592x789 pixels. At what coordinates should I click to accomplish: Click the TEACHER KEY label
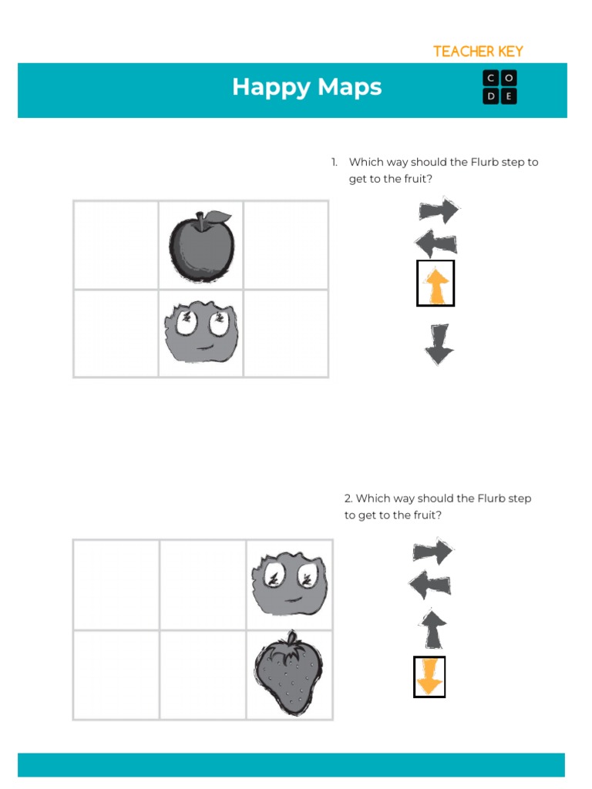point(478,52)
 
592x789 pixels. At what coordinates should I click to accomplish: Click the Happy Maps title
point(307,87)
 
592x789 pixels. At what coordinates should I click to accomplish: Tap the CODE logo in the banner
point(499,87)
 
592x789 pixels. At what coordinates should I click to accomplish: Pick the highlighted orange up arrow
point(436,284)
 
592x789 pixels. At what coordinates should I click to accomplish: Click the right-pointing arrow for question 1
point(439,210)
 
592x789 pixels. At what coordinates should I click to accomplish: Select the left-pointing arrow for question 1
point(436,244)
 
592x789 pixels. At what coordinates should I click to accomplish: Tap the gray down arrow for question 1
point(439,344)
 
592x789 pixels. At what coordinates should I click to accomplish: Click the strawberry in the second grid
point(288,673)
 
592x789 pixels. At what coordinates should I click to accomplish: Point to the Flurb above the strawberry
point(289,583)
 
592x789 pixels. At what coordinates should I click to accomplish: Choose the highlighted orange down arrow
point(429,677)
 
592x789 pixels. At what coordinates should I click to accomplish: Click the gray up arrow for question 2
point(432,628)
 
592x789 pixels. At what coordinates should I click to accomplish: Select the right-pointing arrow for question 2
point(433,552)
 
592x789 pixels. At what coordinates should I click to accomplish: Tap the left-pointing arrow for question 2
point(430,586)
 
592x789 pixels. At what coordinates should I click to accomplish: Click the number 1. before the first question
point(335,163)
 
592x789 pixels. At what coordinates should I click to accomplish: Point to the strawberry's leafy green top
point(290,642)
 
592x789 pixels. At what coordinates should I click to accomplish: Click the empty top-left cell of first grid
point(116,245)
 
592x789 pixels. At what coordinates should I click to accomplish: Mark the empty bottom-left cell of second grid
point(116,675)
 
